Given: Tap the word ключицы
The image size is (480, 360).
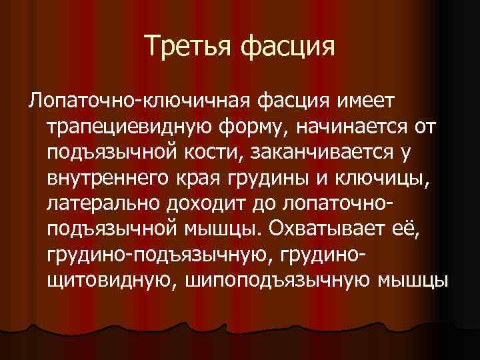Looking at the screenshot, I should (393, 179).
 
